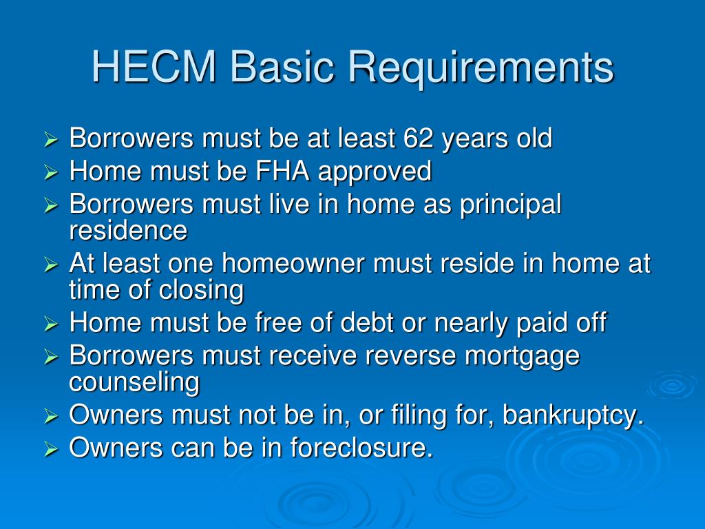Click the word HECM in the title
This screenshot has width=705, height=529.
154,67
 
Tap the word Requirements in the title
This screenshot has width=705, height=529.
481,70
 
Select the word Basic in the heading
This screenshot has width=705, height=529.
282,67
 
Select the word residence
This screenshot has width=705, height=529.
128,230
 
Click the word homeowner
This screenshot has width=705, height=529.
293,263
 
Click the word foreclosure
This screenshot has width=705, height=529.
361,448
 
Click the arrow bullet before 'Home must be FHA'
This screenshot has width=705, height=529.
51,172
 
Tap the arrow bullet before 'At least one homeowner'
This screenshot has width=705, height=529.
51,264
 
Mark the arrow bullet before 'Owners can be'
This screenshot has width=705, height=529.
51,449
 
